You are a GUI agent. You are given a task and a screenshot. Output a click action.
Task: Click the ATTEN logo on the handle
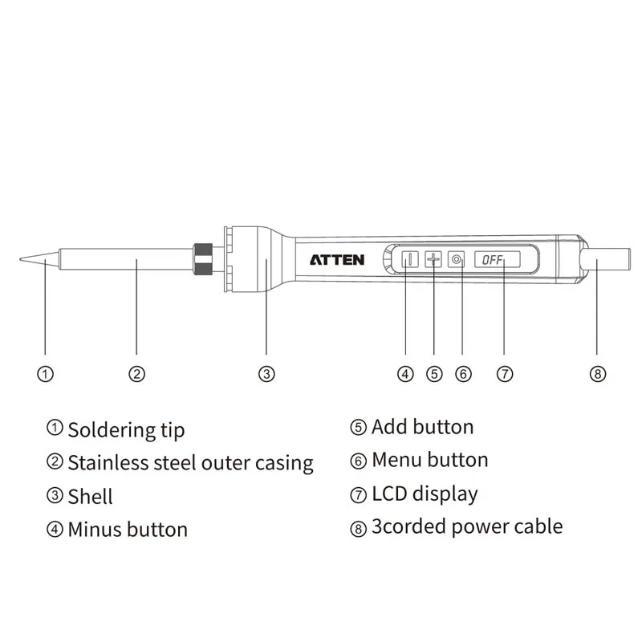click(x=337, y=260)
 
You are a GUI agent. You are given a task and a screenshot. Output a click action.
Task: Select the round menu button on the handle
click(x=457, y=260)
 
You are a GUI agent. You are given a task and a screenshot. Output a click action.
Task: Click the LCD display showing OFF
click(x=497, y=260)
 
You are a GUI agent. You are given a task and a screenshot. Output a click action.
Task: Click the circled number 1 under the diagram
click(x=46, y=374)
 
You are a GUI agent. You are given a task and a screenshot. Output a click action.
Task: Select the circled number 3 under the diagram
click(x=266, y=374)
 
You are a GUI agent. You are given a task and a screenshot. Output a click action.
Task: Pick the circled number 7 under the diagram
click(x=504, y=374)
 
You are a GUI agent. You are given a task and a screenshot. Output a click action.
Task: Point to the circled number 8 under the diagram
click(x=597, y=374)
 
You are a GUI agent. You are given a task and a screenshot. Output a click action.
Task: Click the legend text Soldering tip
click(x=126, y=430)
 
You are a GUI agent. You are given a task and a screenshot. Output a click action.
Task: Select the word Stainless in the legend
click(x=102, y=463)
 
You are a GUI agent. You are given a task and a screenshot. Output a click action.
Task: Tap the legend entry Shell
click(x=90, y=497)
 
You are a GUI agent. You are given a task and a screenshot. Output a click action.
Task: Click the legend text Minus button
click(x=128, y=530)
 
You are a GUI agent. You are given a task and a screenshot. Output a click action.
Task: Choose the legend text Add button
click(x=422, y=427)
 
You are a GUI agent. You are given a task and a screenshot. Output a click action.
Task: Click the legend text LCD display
click(x=425, y=494)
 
